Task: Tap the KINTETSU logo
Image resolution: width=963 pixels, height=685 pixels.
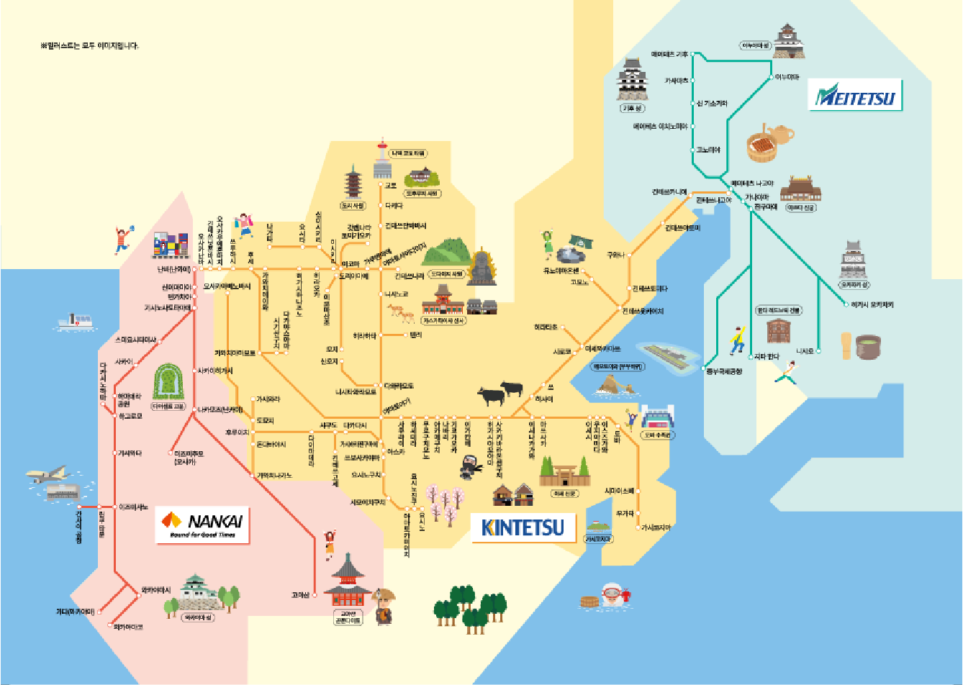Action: [523, 527]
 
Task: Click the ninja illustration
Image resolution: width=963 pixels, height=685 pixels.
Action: [469, 466]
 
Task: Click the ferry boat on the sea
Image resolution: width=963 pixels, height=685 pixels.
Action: [76, 322]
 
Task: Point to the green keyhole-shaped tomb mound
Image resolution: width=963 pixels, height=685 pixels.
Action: [168, 382]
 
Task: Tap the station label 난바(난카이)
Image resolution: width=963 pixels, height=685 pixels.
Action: [174, 269]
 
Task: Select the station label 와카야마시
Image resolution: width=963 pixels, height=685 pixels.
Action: [155, 589]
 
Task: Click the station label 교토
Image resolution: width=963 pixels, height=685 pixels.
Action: [390, 185]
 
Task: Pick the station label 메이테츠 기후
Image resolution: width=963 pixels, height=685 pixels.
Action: [669, 54]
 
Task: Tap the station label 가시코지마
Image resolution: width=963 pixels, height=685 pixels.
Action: [655, 527]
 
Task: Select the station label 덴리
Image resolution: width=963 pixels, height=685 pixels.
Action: [415, 335]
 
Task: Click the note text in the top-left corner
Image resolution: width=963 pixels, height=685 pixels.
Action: [89, 46]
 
